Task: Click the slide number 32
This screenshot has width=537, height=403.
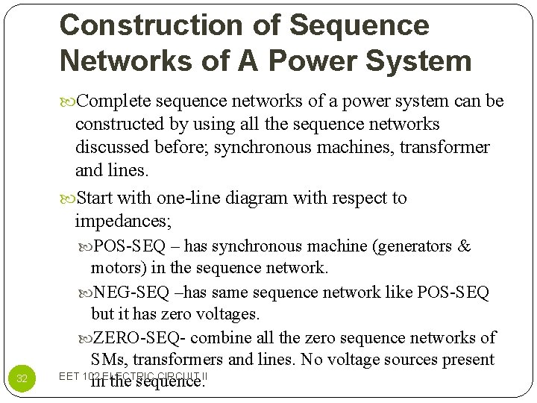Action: click(22, 378)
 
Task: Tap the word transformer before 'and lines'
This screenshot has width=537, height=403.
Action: click(445, 147)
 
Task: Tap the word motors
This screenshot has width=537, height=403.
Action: click(116, 268)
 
